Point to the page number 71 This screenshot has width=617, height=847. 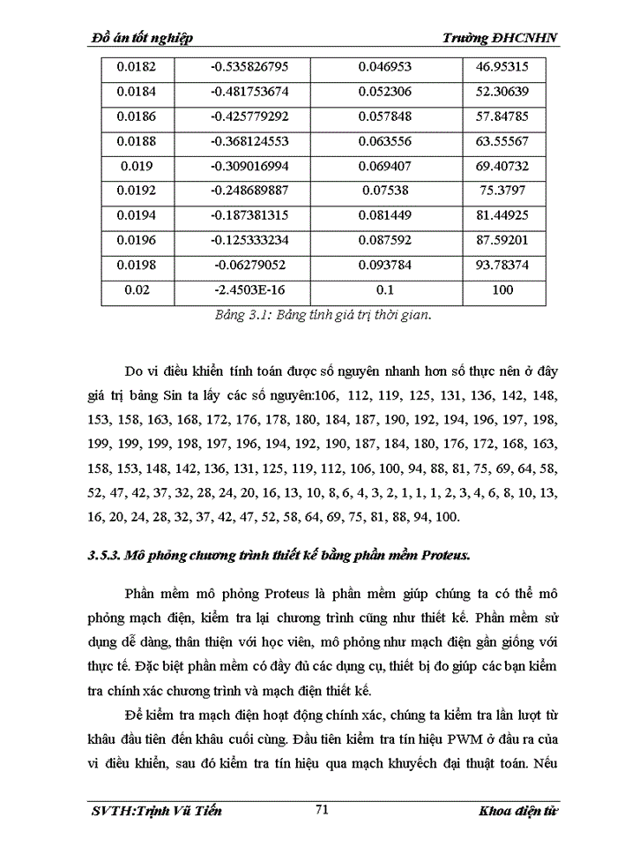pyautogui.click(x=321, y=810)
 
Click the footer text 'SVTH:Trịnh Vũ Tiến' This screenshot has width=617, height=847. pyautogui.click(x=156, y=811)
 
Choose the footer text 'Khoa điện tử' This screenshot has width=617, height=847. pyautogui.click(x=521, y=811)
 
